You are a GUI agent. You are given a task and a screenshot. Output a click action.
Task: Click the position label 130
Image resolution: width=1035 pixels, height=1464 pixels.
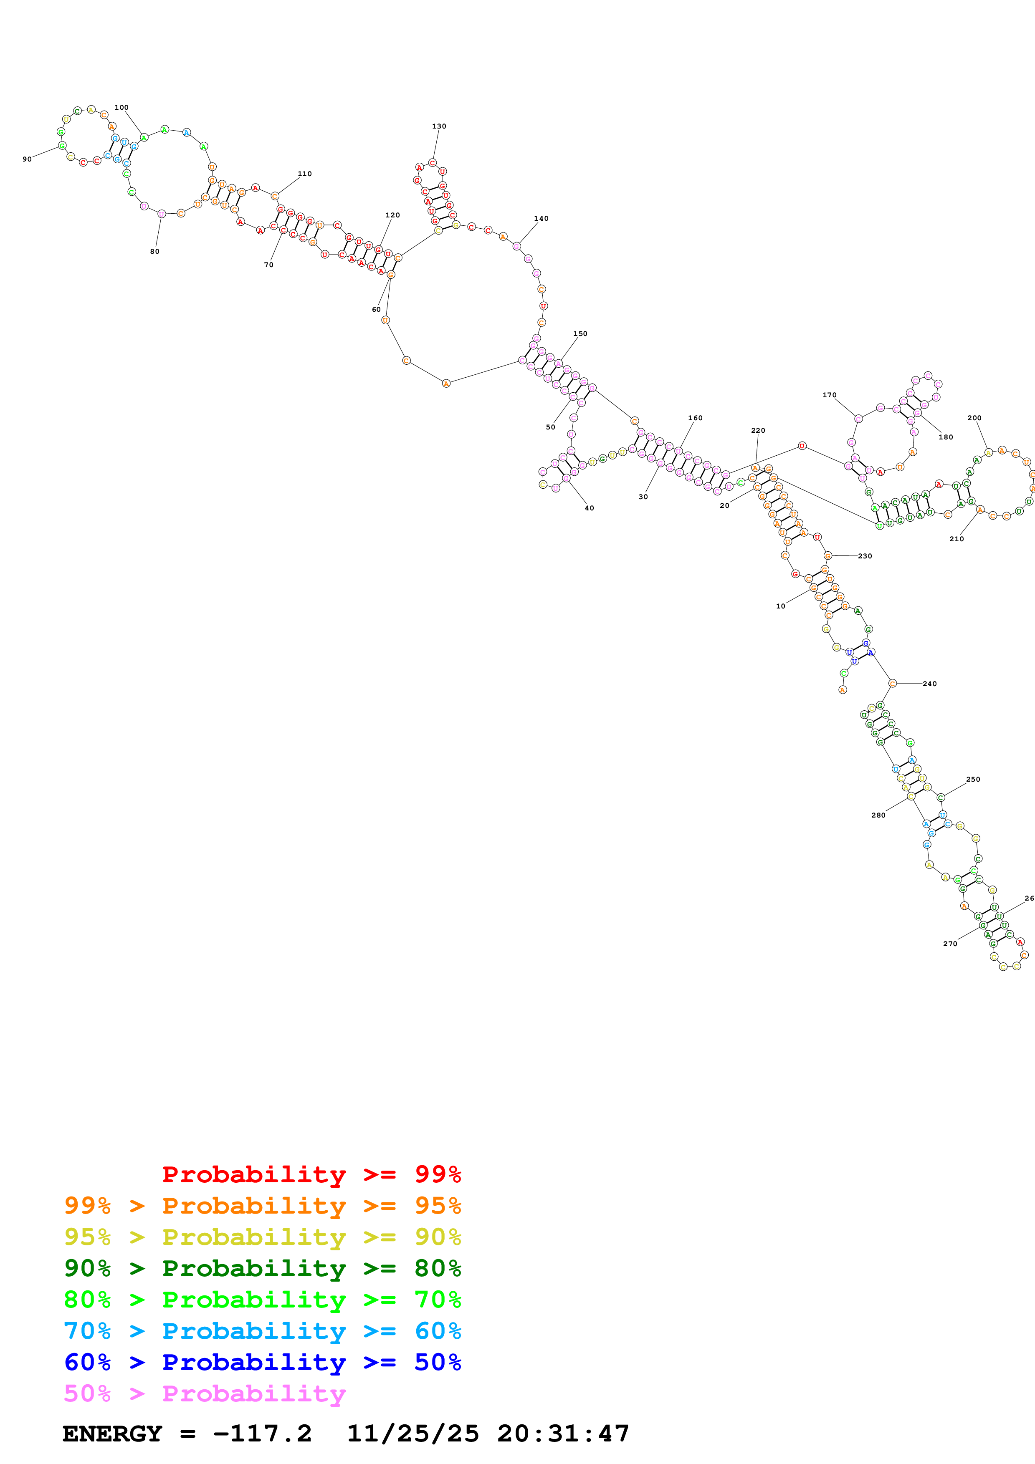point(439,126)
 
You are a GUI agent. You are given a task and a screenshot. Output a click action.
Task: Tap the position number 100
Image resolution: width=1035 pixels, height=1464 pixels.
point(121,108)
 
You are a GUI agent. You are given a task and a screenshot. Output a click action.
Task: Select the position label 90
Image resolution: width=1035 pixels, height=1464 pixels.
point(27,159)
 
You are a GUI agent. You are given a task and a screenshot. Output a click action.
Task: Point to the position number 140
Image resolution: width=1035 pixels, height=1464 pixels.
point(541,219)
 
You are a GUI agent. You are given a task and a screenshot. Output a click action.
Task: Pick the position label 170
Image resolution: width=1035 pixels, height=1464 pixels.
point(829,395)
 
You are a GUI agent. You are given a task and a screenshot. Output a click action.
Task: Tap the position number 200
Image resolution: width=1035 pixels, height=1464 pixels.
point(974,418)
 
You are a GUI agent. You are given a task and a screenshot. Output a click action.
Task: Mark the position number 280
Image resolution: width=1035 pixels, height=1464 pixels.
point(878,815)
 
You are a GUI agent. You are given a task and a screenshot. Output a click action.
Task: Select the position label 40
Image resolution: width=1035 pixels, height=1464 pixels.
point(589,509)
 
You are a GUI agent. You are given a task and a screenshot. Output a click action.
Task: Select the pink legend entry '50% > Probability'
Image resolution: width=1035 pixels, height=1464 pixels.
point(204,1394)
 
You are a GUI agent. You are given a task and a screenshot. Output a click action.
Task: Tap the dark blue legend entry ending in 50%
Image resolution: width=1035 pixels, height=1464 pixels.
point(262,1363)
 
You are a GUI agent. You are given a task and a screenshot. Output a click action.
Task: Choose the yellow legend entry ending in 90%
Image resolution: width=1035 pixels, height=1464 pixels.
point(262,1237)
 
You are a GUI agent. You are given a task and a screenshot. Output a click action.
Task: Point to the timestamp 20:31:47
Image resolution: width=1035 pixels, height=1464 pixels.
point(563,1434)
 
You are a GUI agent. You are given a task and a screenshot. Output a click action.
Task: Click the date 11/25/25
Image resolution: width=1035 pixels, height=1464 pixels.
point(412,1434)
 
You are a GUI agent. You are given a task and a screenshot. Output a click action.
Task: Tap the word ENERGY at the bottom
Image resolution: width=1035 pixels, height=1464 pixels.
point(112,1434)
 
